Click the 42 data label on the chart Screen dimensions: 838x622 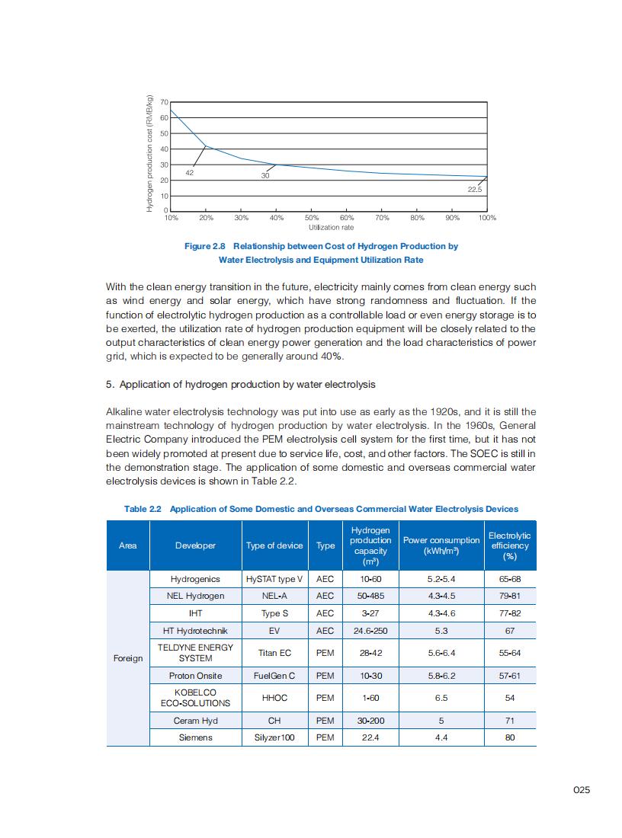(190, 173)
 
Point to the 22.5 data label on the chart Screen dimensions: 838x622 (475, 188)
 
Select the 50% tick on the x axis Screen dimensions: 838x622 (313, 218)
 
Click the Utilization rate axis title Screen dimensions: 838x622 (331, 227)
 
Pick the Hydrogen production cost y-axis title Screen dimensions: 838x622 (150, 153)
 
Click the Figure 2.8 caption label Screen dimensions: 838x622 (206, 246)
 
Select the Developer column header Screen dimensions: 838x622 (195, 545)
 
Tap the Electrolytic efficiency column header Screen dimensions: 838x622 (509, 545)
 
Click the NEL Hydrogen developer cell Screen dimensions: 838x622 (195, 596)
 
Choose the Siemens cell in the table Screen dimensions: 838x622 (195, 737)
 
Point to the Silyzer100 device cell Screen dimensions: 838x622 (274, 737)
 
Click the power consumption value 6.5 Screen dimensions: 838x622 (441, 698)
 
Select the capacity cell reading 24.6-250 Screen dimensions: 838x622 (370, 631)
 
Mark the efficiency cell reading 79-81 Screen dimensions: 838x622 (509, 596)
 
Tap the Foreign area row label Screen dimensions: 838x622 (127, 657)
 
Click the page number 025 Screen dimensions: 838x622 (582, 790)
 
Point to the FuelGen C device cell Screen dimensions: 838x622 (274, 676)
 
